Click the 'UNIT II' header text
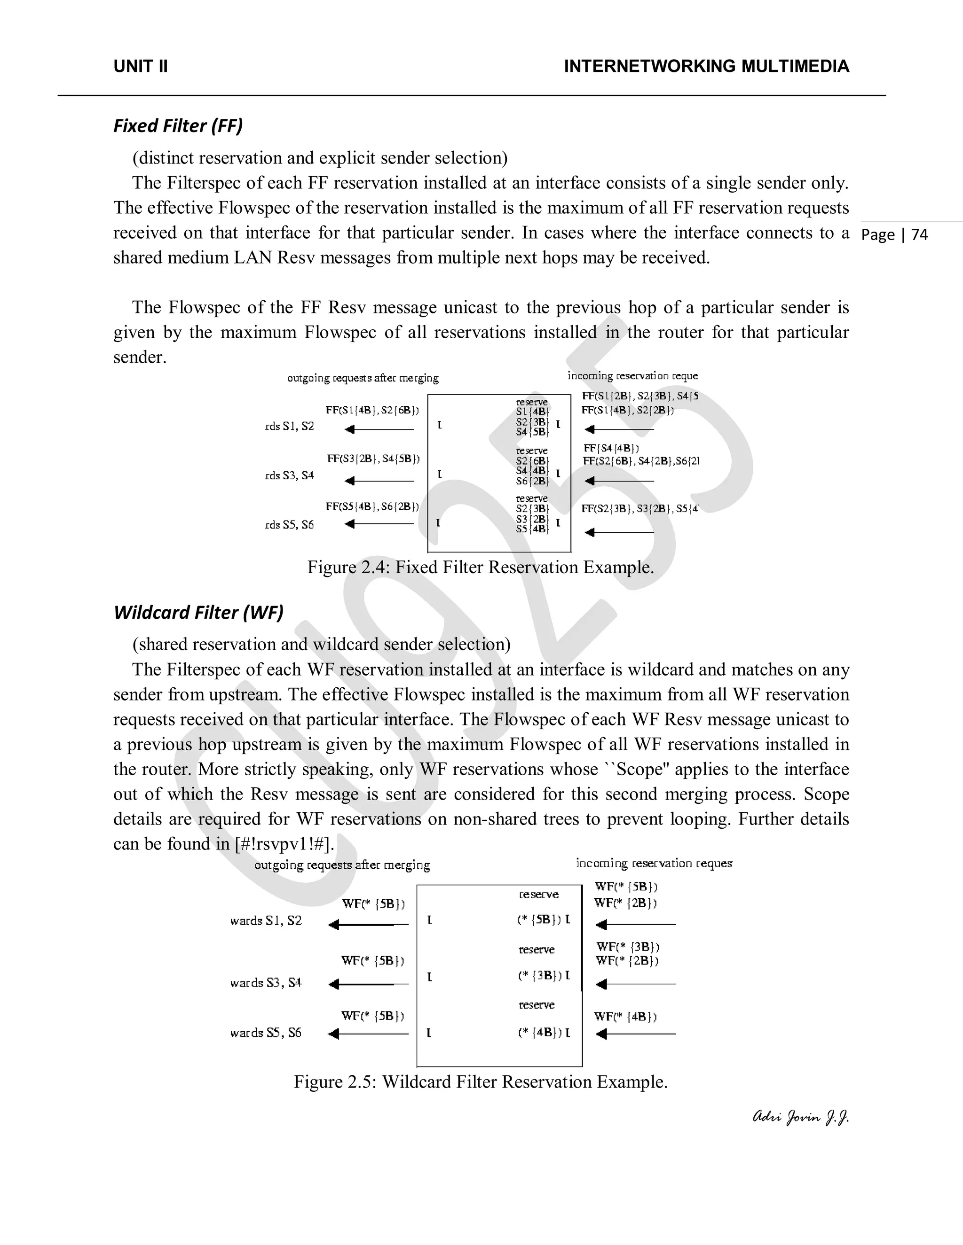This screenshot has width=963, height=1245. tap(140, 66)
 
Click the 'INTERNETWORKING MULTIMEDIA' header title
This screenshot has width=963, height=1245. tap(706, 66)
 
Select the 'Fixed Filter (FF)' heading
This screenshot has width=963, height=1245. tap(178, 125)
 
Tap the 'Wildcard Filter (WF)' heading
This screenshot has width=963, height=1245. tap(198, 612)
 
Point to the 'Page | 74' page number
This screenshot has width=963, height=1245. tap(894, 235)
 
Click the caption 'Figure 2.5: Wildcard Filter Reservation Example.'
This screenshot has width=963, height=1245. tap(481, 1082)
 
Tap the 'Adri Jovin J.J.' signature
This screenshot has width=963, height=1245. tap(800, 1117)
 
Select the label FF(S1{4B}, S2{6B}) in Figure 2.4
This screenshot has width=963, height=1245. tap(372, 410)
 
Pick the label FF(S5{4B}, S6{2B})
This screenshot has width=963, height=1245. tap(372, 506)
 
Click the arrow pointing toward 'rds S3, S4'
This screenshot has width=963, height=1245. tap(379, 481)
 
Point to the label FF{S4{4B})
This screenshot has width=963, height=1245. tap(611, 448)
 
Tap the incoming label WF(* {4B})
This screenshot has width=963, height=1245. tap(625, 1016)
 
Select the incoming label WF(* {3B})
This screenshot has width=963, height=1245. tap(628, 947)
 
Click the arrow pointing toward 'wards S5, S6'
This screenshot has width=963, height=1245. tap(368, 1034)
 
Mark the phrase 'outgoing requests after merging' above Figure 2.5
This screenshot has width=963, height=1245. tap(342, 865)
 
